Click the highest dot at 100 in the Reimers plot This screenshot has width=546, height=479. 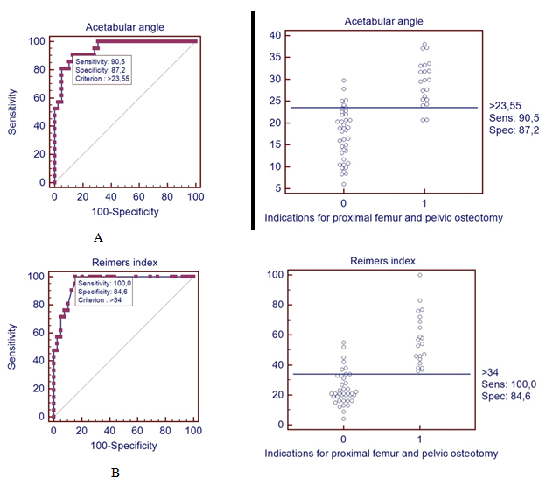pyautogui.click(x=419, y=275)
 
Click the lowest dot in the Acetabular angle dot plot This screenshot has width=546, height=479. pyautogui.click(x=343, y=184)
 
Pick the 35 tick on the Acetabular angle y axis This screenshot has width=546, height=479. pyautogui.click(x=275, y=57)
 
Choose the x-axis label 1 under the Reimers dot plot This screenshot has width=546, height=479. pyautogui.click(x=419, y=439)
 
